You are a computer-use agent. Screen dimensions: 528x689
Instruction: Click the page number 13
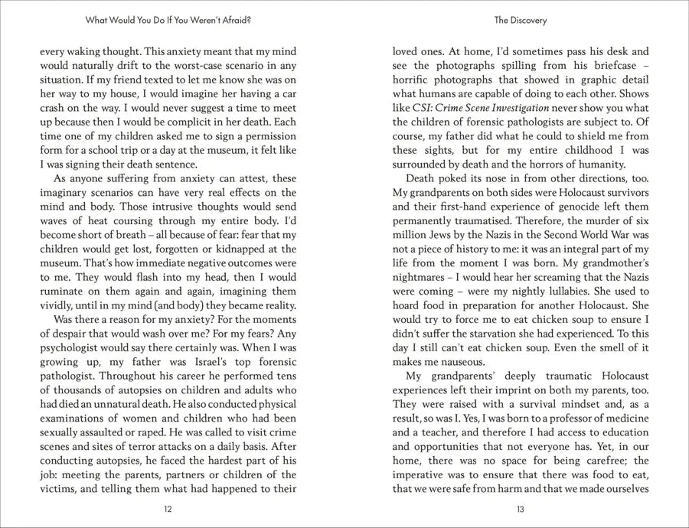pyautogui.click(x=520, y=508)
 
